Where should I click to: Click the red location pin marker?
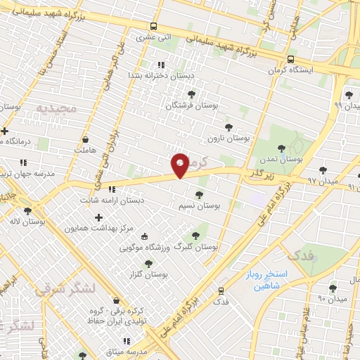click(x=181, y=165)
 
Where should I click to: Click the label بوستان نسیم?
click(x=200, y=207)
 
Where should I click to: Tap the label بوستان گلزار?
click(x=147, y=274)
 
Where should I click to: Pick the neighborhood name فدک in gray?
click(x=301, y=255)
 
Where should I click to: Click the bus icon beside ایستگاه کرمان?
click(x=290, y=59)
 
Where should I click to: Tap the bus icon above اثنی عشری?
click(x=154, y=26)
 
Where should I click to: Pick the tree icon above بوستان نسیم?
click(x=199, y=195)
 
